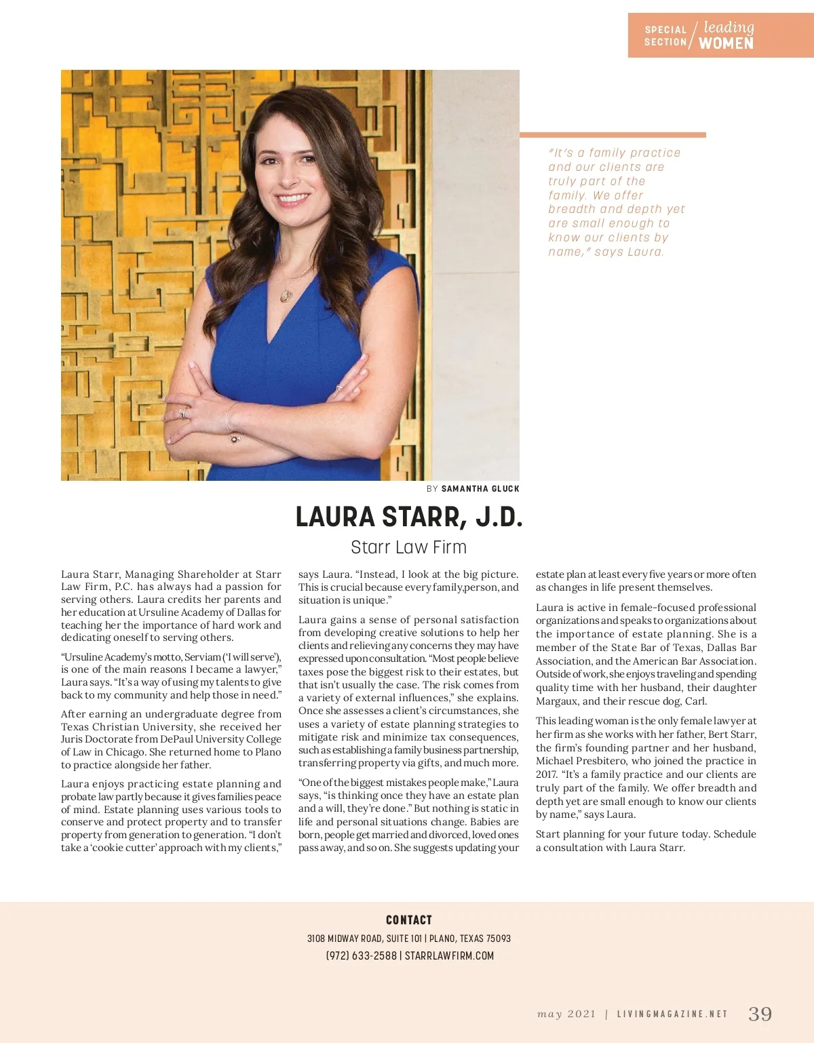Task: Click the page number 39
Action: [760, 1014]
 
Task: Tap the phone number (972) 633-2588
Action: [361, 956]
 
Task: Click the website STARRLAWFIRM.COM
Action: [449, 956]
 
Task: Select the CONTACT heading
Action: [408, 920]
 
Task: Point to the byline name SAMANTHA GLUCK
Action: [480, 489]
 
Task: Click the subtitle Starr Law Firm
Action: [408, 547]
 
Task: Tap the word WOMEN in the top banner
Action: [726, 43]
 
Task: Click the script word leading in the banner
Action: [729, 28]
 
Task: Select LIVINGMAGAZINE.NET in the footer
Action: [672, 1015]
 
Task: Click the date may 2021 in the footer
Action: [566, 1015]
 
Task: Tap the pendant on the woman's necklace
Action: [286, 296]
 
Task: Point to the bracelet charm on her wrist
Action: [235, 438]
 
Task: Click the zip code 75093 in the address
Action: [499, 939]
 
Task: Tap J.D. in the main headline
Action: [499, 517]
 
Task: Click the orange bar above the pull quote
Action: [613, 135]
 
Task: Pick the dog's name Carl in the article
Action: [695, 701]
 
